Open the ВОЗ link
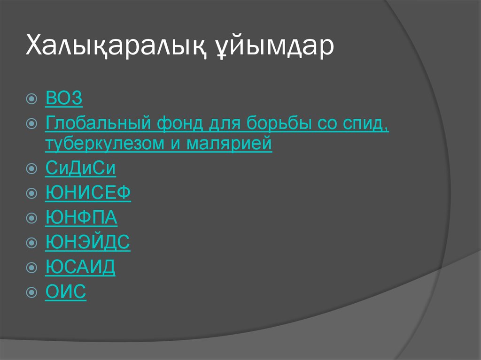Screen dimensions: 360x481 point(64,99)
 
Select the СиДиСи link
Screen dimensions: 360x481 point(81,169)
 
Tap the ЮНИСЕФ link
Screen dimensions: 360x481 point(88,193)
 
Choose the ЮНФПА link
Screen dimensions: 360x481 point(81,217)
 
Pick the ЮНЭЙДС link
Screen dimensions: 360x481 point(88,242)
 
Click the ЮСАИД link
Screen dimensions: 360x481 point(80,267)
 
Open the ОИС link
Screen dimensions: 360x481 point(66,291)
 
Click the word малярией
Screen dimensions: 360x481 point(229,144)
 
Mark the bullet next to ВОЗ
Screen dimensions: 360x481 point(31,99)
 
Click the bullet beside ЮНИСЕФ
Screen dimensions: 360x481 point(31,193)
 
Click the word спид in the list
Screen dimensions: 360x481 point(368,124)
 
